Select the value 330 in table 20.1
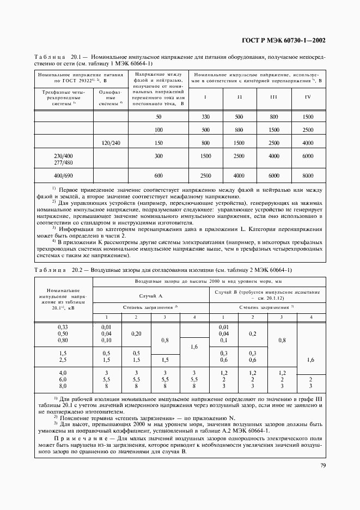tap(205, 117)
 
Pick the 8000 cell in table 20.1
tap(308, 175)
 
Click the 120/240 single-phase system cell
tap(111, 143)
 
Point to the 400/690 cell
tap(64, 175)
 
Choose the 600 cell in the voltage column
tap(158, 175)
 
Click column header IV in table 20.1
tap(308, 97)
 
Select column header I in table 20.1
tap(205, 97)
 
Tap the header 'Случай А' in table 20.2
tap(151, 295)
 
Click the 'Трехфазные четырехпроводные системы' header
tap(64, 98)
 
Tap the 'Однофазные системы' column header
tap(111, 98)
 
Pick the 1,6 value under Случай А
tap(193, 347)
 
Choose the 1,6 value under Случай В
tap(311, 360)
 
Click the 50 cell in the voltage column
tap(158, 117)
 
